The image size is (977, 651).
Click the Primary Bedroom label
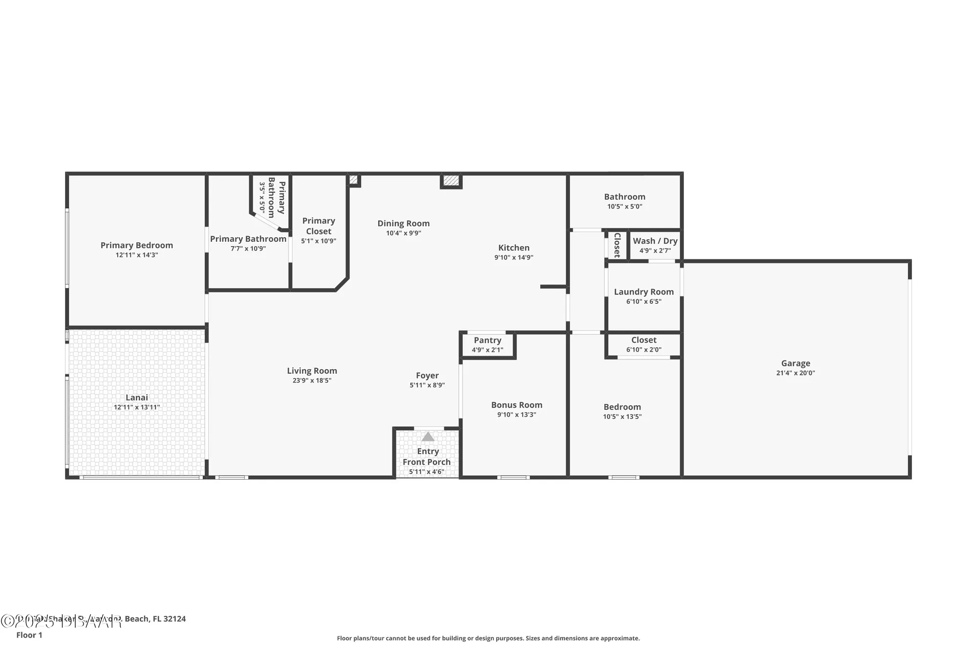click(137, 245)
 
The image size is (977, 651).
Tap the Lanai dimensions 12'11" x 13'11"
click(137, 407)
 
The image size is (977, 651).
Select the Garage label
click(795, 363)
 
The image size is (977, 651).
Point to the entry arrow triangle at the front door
click(428, 437)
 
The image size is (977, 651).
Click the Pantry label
click(488, 340)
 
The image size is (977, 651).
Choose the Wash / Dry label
click(655, 241)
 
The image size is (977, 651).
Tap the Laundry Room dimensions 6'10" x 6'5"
click(644, 302)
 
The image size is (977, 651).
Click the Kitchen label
click(514, 248)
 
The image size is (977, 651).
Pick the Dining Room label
click(404, 223)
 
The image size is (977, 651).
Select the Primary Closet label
click(319, 226)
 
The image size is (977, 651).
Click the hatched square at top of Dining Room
click(451, 181)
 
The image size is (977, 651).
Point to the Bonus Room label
click(517, 405)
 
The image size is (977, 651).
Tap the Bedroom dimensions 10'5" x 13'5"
click(622, 417)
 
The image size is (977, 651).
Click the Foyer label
click(427, 376)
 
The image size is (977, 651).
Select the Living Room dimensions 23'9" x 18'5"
click(312, 380)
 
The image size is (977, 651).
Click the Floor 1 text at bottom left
click(29, 635)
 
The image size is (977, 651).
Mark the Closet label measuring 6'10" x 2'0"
click(644, 340)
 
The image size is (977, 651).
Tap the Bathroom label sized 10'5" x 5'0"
click(625, 197)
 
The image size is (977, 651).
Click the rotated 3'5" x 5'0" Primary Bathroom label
click(272, 197)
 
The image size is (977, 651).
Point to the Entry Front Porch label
click(427, 457)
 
